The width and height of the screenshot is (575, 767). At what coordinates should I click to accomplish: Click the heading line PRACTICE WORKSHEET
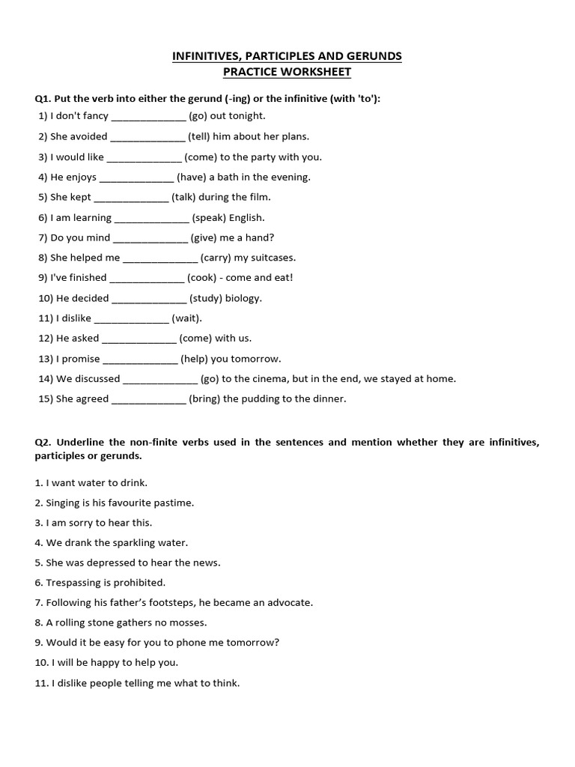(287, 72)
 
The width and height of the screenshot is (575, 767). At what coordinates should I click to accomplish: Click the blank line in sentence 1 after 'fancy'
(148, 116)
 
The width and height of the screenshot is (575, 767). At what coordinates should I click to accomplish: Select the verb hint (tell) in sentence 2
(200, 136)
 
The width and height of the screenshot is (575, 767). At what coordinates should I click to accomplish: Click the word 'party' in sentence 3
(249, 157)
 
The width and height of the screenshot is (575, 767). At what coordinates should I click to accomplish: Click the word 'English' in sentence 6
(246, 217)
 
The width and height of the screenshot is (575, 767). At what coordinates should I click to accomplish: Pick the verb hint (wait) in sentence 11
(186, 318)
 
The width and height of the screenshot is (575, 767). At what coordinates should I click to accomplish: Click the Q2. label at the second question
(44, 442)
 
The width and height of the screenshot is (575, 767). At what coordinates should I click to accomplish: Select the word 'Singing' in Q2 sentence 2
(64, 503)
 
